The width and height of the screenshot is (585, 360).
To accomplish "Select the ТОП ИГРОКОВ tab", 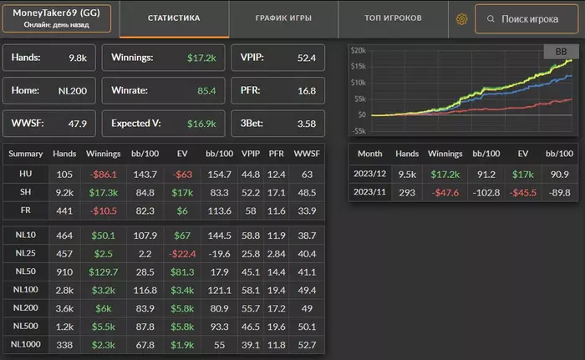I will coord(394,18).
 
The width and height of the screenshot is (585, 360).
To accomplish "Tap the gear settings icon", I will coord(460,18).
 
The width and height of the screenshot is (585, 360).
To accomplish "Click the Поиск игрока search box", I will coord(526,18).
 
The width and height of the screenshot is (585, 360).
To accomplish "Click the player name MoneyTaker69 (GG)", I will coord(57,13).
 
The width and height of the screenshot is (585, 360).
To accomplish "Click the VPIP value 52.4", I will coord(306,58).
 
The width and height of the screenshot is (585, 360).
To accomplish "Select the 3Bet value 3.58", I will coord(306,123).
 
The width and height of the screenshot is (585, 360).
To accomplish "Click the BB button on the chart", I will coord(560,52).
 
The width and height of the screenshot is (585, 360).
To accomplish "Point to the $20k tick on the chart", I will coord(358,51).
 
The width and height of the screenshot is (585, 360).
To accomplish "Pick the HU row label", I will coord(25,173).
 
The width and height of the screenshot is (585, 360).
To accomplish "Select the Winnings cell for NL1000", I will coord(104,344).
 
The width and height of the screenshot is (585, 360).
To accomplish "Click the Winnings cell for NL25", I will coord(104,253).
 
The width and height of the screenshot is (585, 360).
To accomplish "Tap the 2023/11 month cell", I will coord(369,191).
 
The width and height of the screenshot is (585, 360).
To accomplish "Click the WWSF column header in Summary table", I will coord(307,154).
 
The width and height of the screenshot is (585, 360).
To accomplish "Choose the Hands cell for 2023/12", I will coord(407,174).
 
